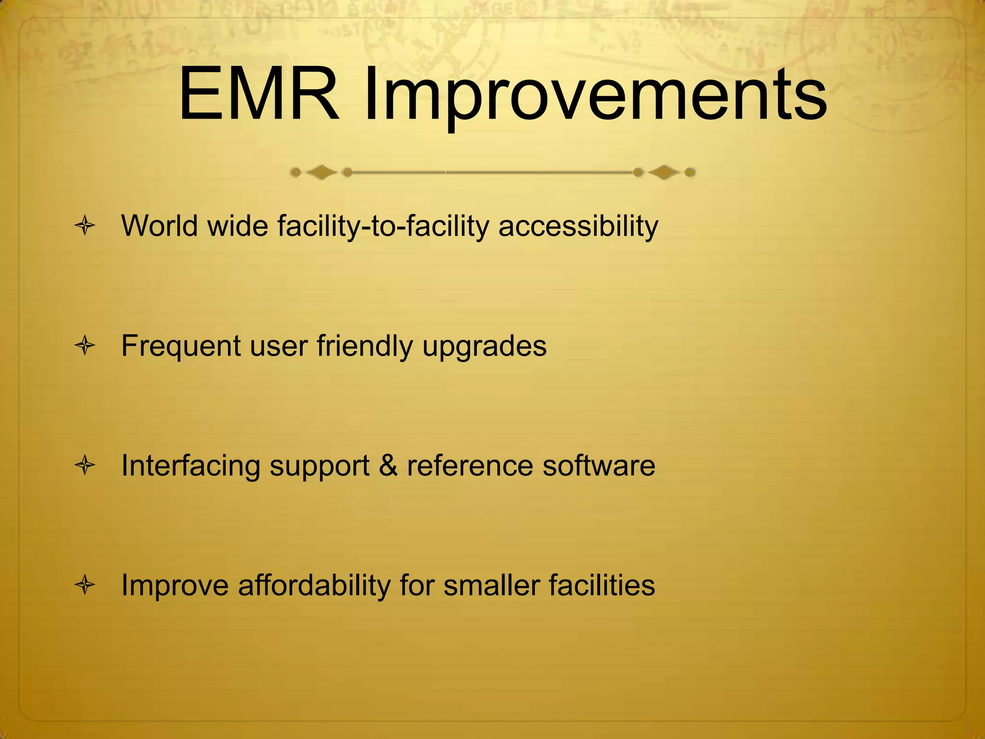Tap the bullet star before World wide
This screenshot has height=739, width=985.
click(85, 226)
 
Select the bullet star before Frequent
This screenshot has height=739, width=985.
click(85, 346)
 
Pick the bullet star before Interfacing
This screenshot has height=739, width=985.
click(85, 466)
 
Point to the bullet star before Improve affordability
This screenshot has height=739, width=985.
click(85, 586)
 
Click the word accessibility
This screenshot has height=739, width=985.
click(578, 226)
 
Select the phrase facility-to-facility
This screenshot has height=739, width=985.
click(383, 226)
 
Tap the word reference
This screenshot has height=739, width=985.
click(470, 466)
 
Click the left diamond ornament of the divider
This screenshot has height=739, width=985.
click(321, 172)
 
